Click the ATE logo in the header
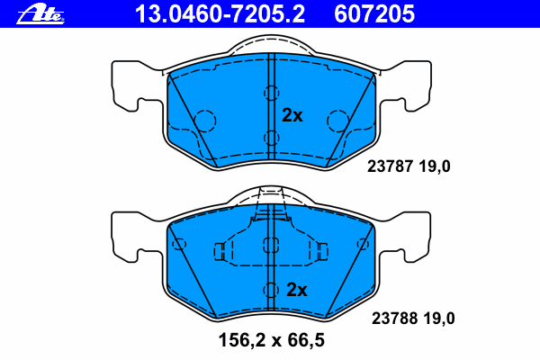click(40, 14)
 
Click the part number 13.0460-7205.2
click(220, 14)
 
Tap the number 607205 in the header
click(374, 14)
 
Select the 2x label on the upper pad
click(292, 115)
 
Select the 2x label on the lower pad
click(296, 290)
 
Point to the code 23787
click(390, 166)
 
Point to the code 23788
click(395, 319)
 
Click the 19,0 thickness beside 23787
click(435, 167)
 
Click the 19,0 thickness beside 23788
click(439, 319)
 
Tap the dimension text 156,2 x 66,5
click(272, 340)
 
